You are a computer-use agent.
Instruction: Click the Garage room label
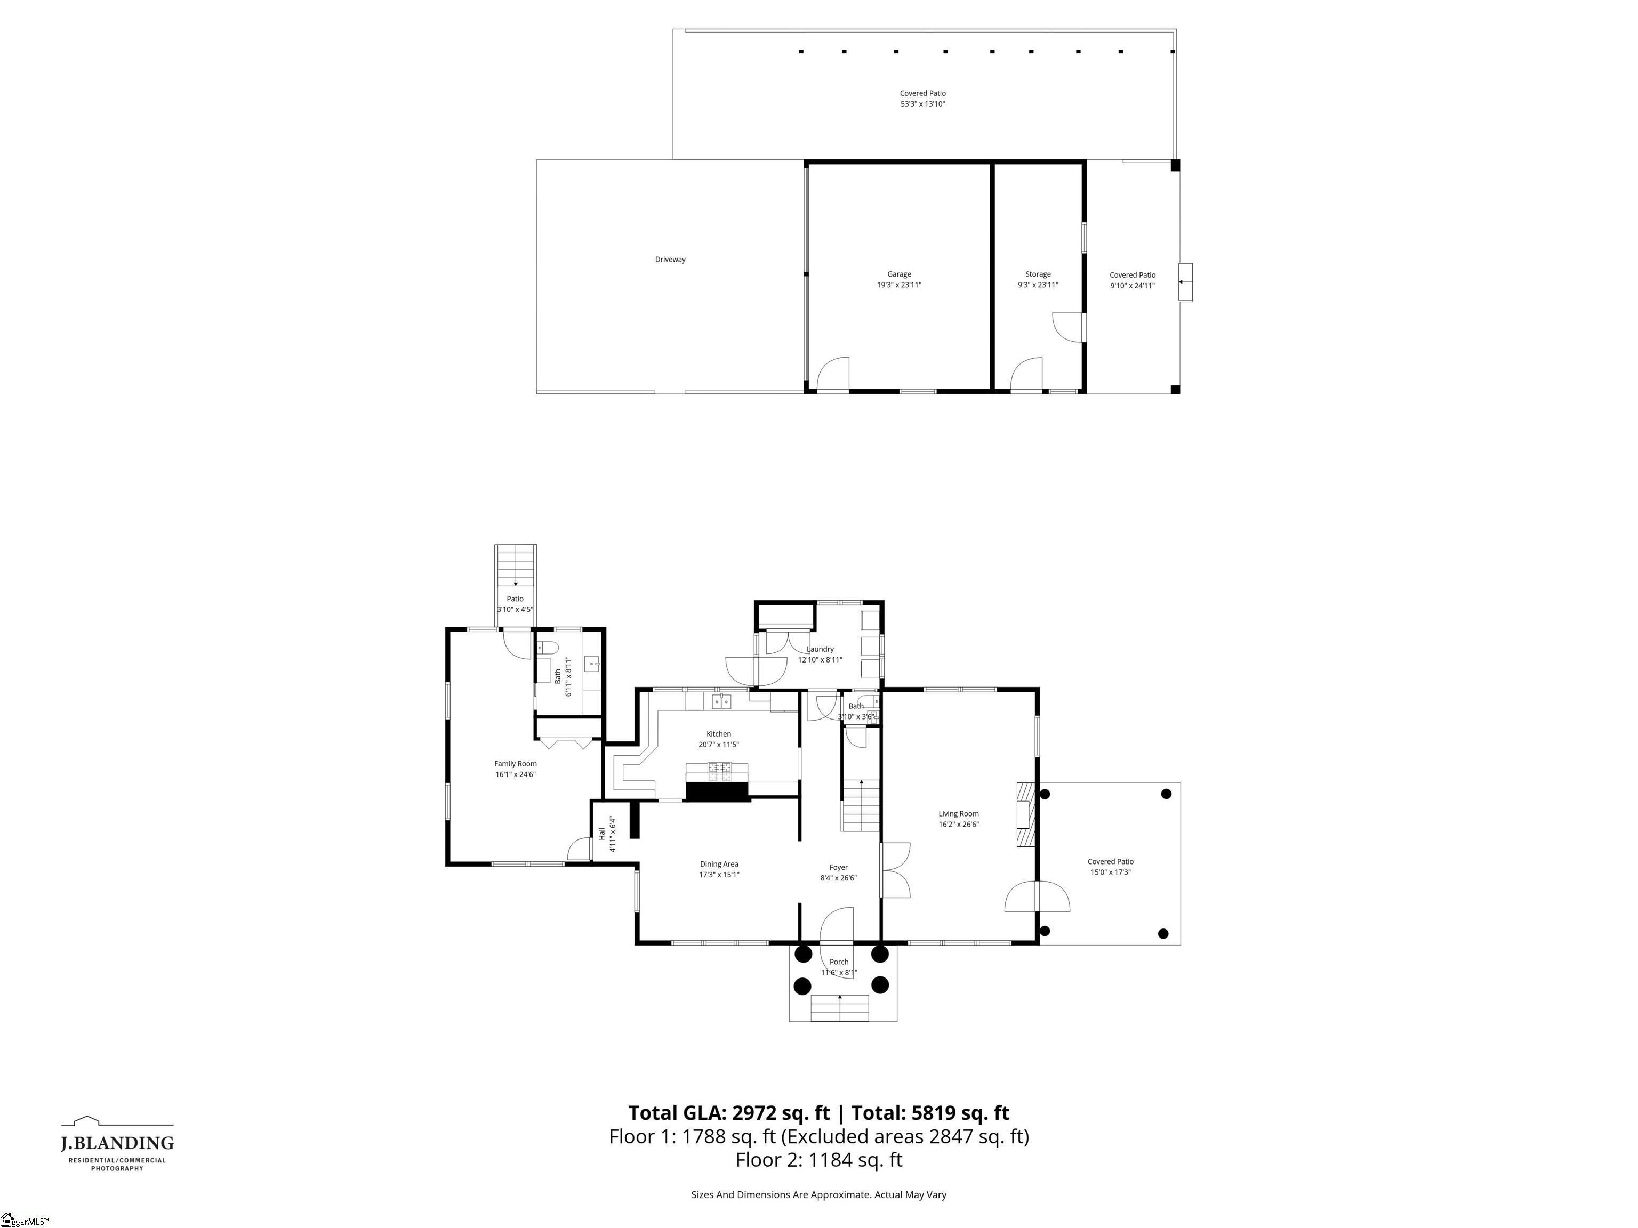pyautogui.click(x=899, y=274)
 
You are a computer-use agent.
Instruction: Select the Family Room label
pyautogui.click(x=516, y=764)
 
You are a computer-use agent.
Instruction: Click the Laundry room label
pyautogui.click(x=820, y=649)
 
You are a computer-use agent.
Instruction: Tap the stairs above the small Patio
pyautogui.click(x=516, y=565)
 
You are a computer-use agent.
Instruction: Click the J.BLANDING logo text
pyautogui.click(x=117, y=1144)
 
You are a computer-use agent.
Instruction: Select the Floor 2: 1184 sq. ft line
pyautogui.click(x=818, y=1160)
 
